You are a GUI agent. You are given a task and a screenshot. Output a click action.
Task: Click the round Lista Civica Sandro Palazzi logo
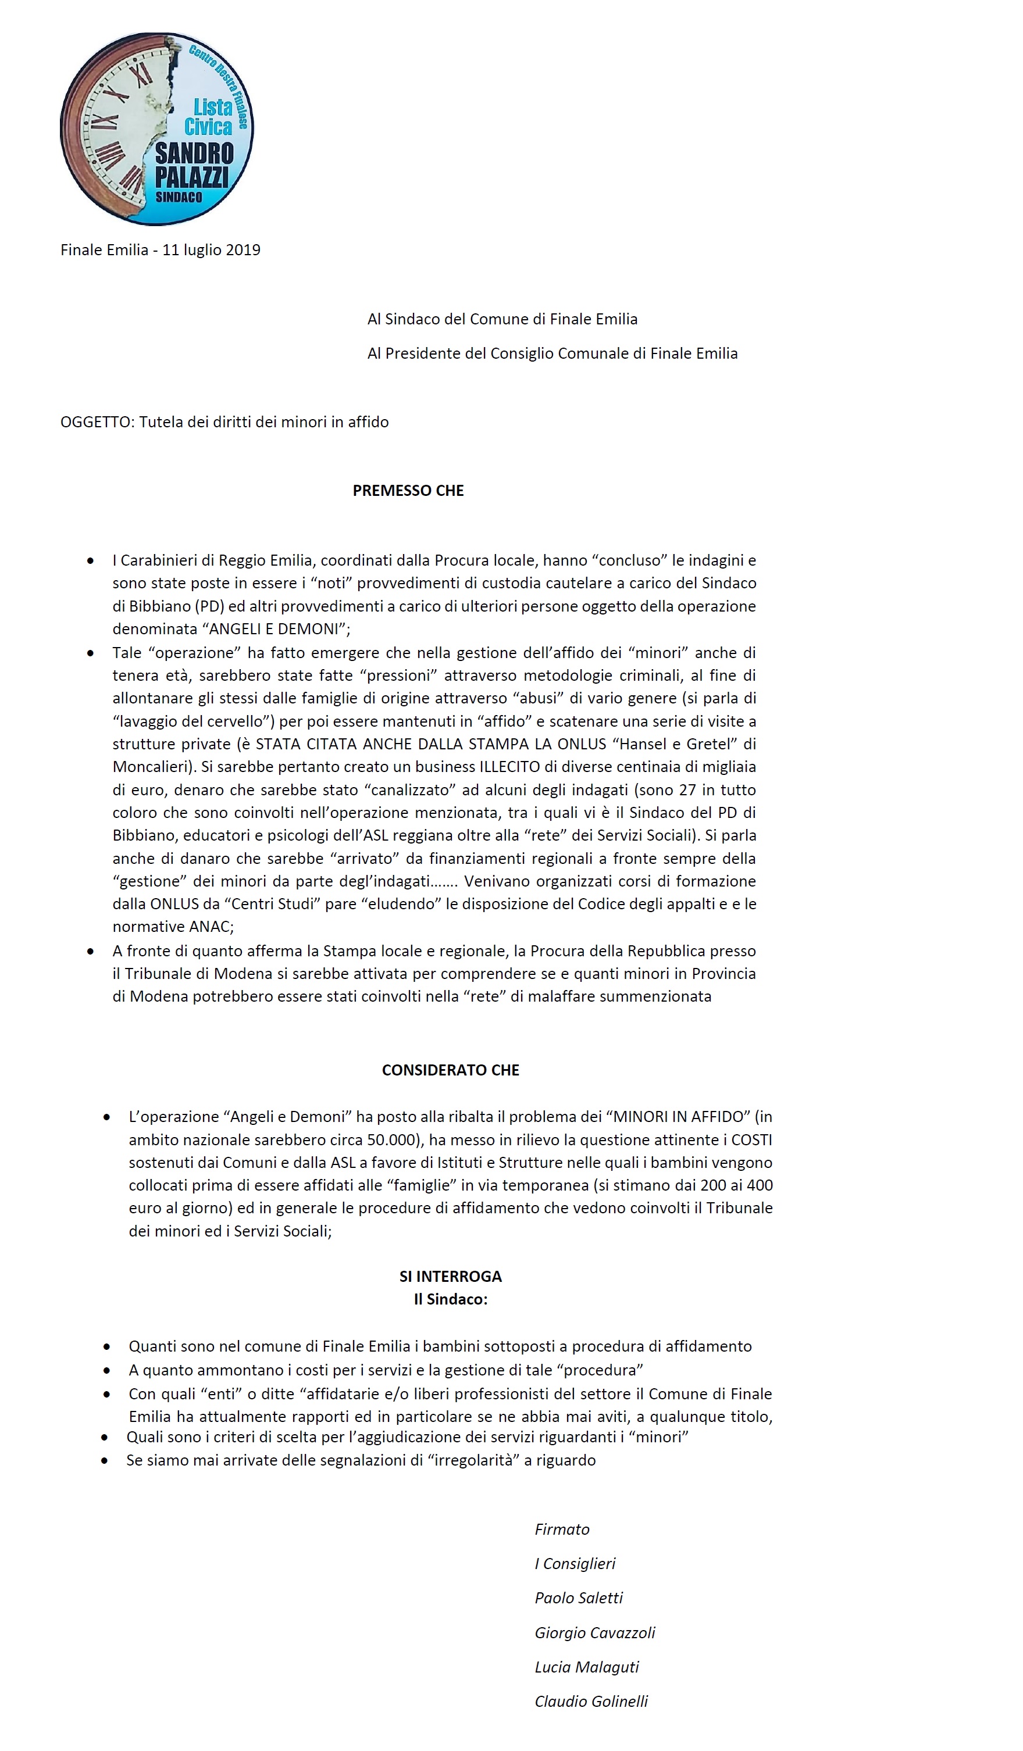157,129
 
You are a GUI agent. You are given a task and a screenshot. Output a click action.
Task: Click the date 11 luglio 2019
211,250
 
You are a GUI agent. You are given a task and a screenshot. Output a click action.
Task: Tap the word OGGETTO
95,423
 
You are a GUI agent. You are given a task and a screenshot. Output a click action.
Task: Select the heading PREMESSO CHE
408,491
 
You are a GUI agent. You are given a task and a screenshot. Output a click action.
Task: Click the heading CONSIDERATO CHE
450,1070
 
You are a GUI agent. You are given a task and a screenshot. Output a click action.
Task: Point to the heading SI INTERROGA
450,1277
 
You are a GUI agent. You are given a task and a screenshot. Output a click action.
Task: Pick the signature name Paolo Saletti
578,1598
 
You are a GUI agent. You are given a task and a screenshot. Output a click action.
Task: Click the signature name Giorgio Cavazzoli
595,1633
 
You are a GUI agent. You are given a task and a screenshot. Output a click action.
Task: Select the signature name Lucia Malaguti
587,1667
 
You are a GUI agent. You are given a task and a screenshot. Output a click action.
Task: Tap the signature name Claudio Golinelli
591,1702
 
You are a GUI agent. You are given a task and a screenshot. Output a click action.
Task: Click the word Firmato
562,1530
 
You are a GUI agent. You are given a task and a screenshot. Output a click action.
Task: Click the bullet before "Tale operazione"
90,653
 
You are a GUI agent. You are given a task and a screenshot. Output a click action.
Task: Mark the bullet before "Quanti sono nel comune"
106,1346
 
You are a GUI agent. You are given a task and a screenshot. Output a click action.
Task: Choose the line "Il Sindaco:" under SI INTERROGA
450,1299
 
